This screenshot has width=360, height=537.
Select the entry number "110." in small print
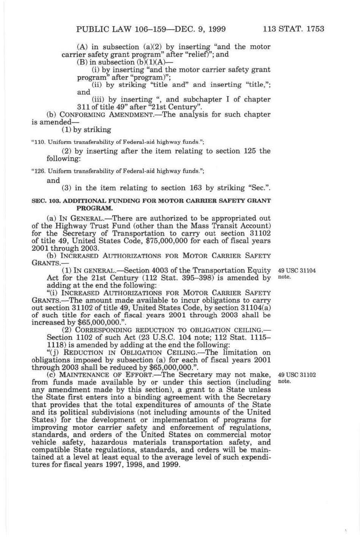36,142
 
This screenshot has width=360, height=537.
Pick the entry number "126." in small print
36,171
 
